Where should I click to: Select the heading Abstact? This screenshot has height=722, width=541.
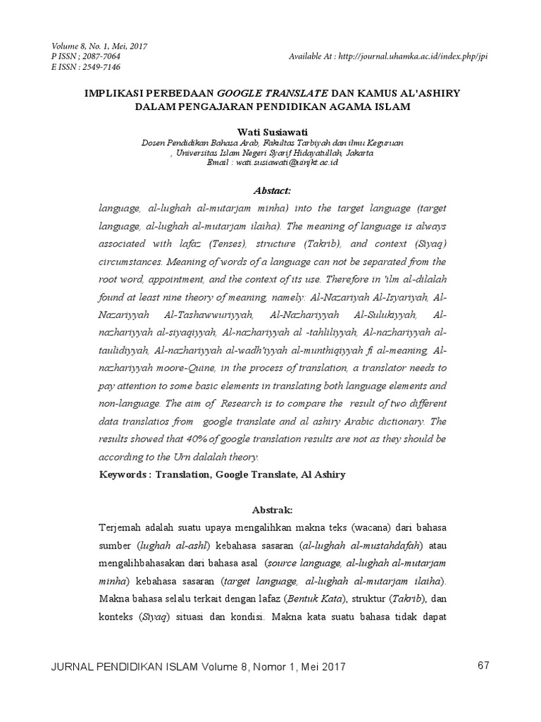click(271, 190)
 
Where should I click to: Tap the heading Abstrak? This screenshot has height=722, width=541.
click(271, 510)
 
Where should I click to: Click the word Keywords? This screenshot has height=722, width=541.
click(121, 475)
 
